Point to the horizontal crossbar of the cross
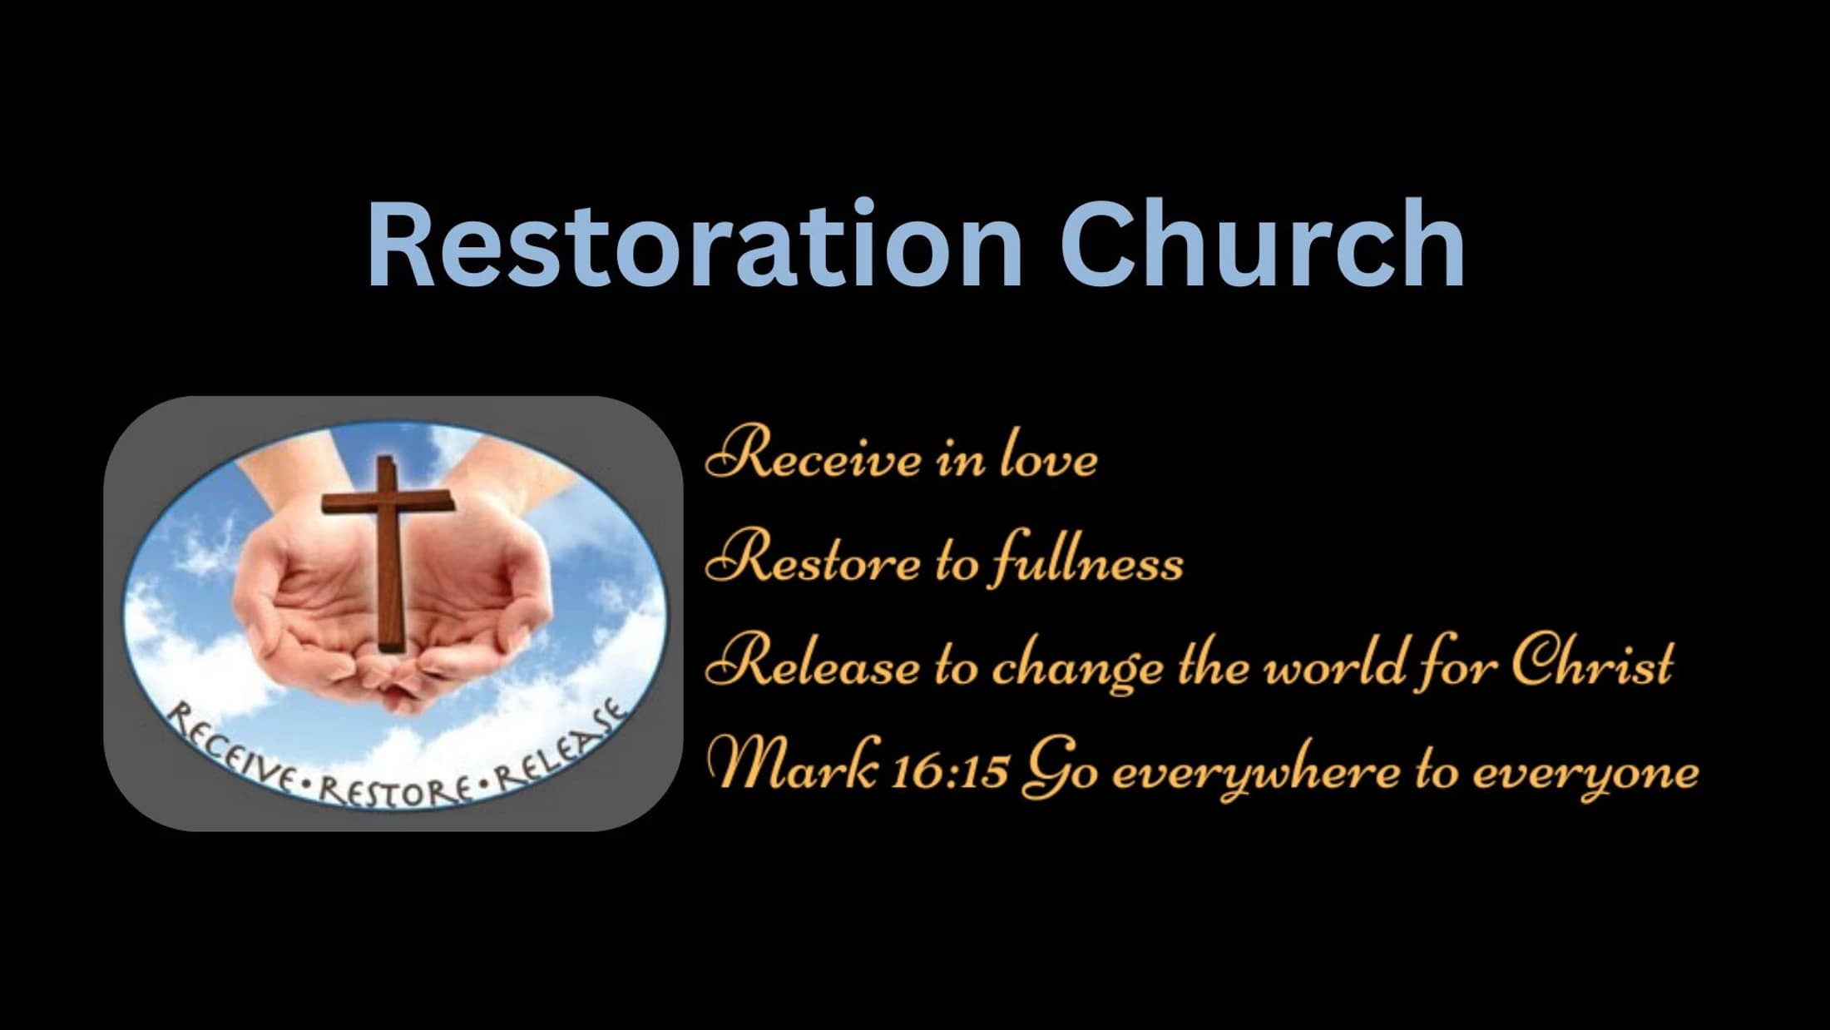click(388, 503)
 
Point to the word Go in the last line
click(1060, 770)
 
